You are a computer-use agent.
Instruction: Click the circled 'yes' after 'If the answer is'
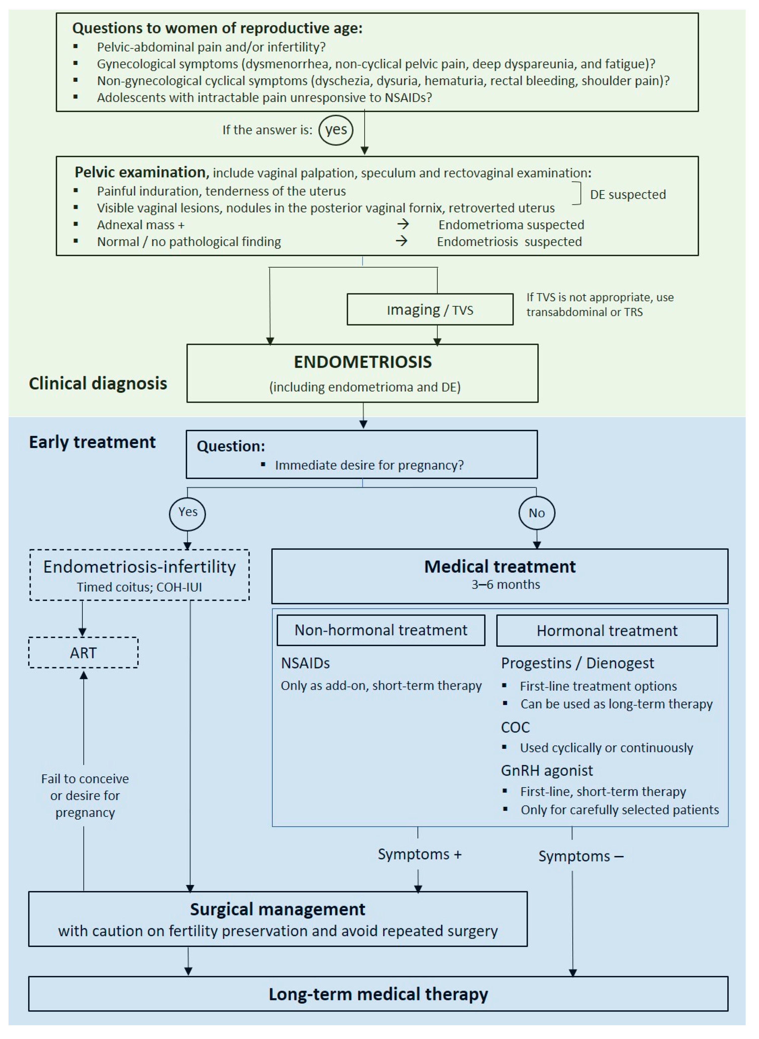point(336,130)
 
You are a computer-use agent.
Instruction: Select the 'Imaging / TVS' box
point(430,310)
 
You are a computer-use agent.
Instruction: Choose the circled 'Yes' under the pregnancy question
point(187,513)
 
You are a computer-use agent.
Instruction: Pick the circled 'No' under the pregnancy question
point(537,513)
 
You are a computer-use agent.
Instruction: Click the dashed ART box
point(84,653)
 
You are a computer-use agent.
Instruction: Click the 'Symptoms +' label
point(419,854)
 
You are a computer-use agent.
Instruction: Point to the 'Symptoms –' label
point(581,856)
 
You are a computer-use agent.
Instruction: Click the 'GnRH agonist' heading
point(547,770)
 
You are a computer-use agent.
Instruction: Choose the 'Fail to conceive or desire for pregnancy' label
point(85,795)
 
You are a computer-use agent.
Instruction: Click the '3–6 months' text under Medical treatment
point(505,584)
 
